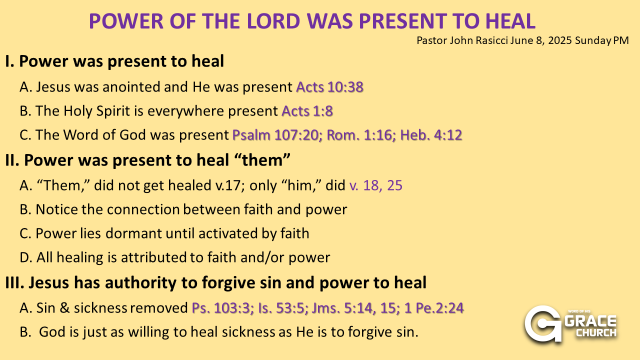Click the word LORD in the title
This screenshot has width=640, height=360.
[x=273, y=21]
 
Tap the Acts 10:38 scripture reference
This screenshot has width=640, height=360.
[x=329, y=87]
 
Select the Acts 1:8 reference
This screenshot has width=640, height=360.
[x=307, y=111]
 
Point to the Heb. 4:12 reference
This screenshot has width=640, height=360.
[x=431, y=135]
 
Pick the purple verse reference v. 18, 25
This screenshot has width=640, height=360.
[x=375, y=185]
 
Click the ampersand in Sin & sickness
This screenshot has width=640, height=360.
[x=64, y=308]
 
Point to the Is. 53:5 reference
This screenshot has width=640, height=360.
[x=283, y=308]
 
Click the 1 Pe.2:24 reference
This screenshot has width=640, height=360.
[x=434, y=308]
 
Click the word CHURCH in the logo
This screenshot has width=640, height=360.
[x=596, y=333]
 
